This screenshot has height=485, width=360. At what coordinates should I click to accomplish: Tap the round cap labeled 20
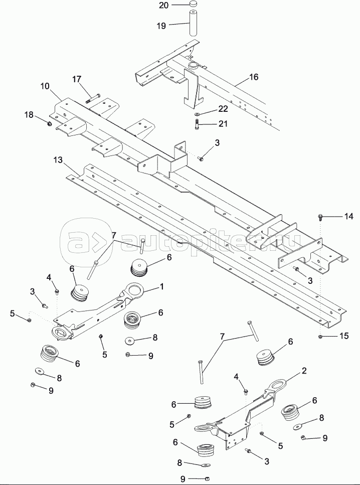194,6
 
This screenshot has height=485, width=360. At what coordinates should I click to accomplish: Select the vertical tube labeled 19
194,24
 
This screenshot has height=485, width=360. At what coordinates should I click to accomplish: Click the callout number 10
45,86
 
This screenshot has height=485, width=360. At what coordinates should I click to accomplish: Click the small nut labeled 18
50,124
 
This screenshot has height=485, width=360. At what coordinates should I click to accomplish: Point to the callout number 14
348,217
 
